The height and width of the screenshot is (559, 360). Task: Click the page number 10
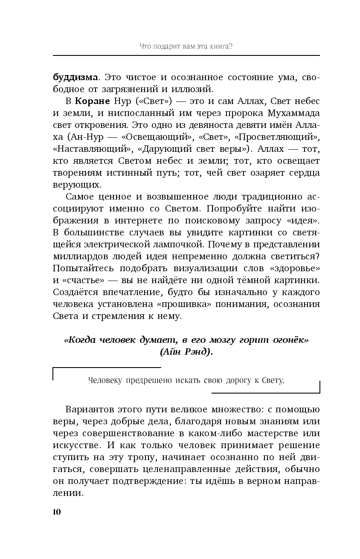[x=57, y=512]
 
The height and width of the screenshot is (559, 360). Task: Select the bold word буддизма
[x=75, y=78]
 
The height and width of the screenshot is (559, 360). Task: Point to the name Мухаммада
[x=292, y=114]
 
